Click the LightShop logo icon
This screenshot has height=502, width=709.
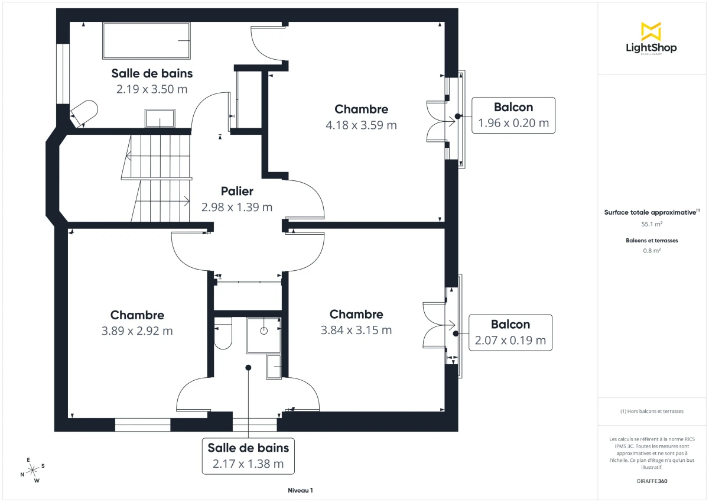pos(651,31)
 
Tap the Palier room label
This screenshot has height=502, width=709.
pos(237,191)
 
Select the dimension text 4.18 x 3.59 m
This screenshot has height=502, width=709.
pos(361,125)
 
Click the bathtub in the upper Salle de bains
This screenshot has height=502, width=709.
pos(147,41)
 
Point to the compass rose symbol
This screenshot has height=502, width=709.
pos(32,469)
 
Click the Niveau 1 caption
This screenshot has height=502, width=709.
pos(300,491)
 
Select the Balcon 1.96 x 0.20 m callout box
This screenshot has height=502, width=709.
pos(513,115)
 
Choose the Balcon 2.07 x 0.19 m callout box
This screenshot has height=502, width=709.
pos(510,333)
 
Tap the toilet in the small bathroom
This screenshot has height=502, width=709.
pos(223,335)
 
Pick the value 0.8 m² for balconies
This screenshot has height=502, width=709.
pos(652,250)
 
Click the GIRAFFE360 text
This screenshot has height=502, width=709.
pos(652,481)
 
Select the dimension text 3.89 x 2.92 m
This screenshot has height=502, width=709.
pos(137,331)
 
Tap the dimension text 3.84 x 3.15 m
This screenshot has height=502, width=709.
pos(356,331)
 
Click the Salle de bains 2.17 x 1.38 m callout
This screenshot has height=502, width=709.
pos(248,456)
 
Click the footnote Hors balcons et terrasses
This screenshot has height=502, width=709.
pos(652,411)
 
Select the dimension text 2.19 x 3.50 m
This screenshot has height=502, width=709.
pos(152,89)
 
